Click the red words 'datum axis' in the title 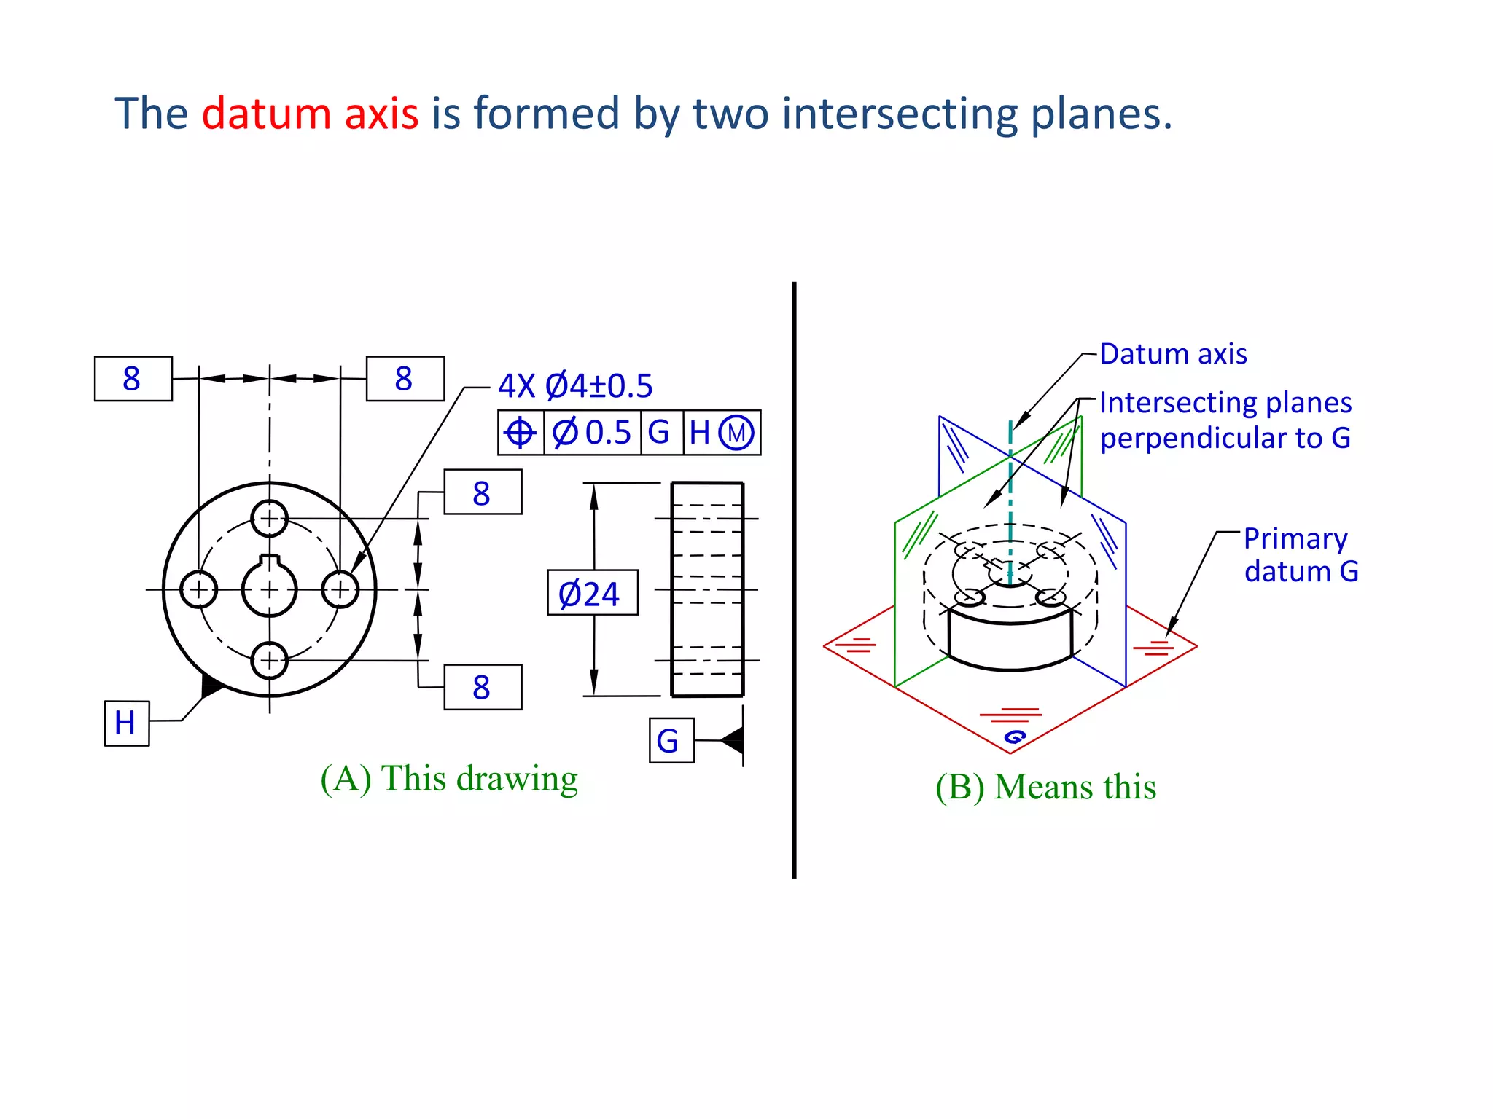click(310, 114)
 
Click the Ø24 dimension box click(592, 593)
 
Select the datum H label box click(127, 723)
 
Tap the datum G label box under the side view click(671, 741)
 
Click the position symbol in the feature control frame click(521, 433)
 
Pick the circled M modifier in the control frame click(736, 433)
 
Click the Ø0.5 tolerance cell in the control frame click(592, 433)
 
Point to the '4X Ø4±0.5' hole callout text click(575, 386)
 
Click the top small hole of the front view click(270, 519)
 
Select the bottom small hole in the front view click(270, 660)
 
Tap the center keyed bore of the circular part click(270, 589)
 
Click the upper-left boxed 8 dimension click(133, 379)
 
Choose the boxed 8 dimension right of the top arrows click(405, 379)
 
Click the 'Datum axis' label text click(1173, 354)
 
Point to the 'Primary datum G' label click(1301, 555)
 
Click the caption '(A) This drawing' click(449, 779)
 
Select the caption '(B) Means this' click(1045, 788)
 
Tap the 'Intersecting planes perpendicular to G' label click(1225, 420)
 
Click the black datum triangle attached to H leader click(211, 686)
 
